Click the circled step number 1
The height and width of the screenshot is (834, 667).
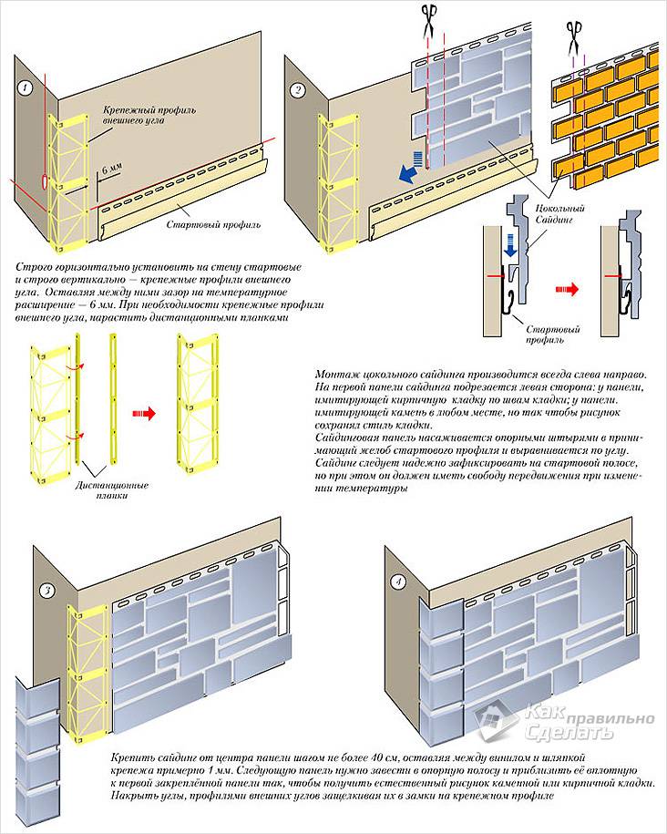pyautogui.click(x=26, y=88)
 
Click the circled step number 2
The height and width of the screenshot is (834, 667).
pyautogui.click(x=298, y=89)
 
